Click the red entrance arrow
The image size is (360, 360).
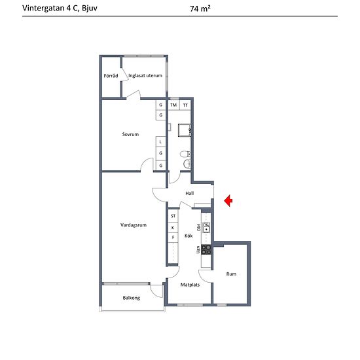click(x=228, y=201)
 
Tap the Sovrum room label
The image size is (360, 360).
click(x=130, y=134)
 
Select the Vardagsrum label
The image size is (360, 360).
click(x=134, y=225)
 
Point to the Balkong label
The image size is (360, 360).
click(x=132, y=298)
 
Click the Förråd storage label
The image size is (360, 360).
click(x=111, y=75)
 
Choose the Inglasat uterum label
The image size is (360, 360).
click(x=145, y=75)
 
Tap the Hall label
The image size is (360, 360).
click(x=190, y=193)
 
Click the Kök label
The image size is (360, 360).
click(x=189, y=236)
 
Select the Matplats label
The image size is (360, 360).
click(x=190, y=285)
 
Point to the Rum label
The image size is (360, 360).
click(x=231, y=274)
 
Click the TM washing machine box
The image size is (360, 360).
click(x=173, y=105)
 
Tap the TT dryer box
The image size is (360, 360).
click(x=185, y=105)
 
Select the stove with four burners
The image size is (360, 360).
click(x=206, y=250)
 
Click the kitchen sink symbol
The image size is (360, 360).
click(x=206, y=228)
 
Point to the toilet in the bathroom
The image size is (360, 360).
click(x=185, y=154)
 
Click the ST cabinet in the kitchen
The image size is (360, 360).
click(x=173, y=216)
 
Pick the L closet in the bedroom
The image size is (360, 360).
click(x=161, y=142)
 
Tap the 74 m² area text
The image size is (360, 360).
click(x=200, y=9)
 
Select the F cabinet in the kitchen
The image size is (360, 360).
click(x=173, y=238)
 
